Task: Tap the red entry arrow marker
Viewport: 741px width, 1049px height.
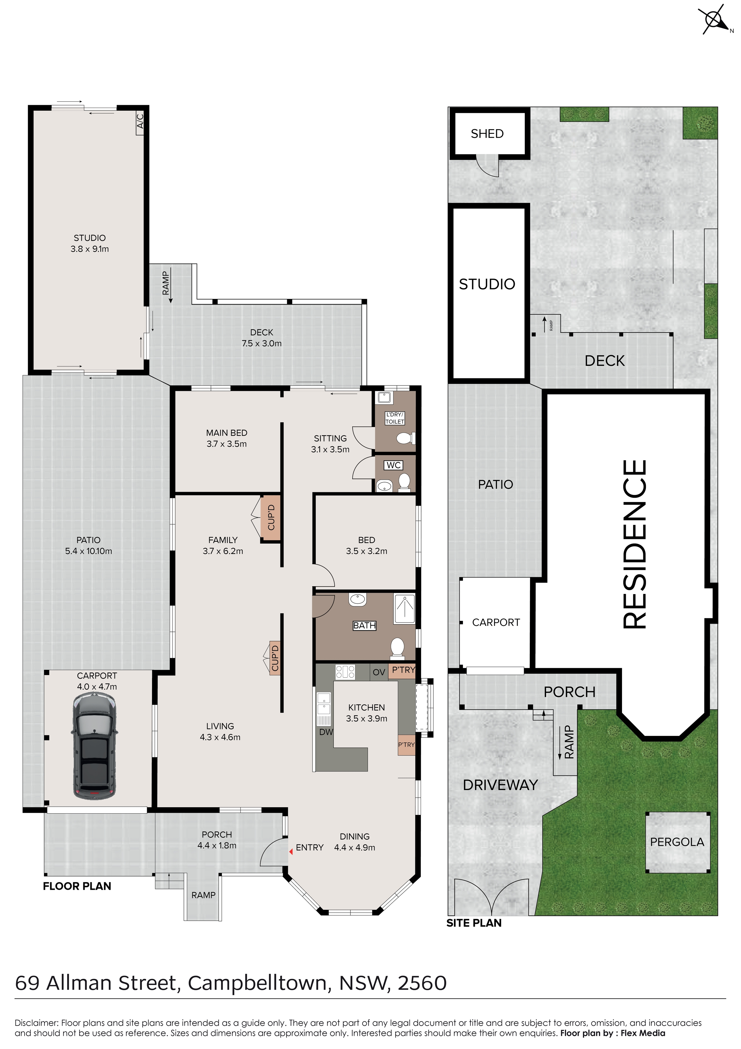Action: [291, 851]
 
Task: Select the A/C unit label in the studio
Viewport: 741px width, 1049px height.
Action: [141, 122]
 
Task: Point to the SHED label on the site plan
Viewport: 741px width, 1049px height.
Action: [487, 134]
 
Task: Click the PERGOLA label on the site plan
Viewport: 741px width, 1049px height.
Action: [677, 842]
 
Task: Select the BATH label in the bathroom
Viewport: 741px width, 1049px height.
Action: [364, 626]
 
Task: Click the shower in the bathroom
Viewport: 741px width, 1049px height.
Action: [404, 609]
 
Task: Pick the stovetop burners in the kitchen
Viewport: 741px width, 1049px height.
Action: [346, 672]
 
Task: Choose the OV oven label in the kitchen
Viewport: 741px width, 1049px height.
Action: [379, 672]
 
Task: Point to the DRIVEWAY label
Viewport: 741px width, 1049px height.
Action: [500, 785]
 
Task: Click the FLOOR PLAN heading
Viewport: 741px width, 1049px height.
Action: [77, 886]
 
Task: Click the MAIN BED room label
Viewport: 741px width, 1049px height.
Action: [227, 433]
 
